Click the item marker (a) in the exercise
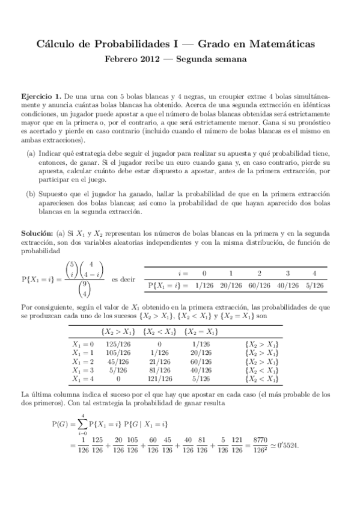[31, 155]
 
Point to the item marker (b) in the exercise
[31, 195]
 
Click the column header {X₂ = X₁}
[201, 331]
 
